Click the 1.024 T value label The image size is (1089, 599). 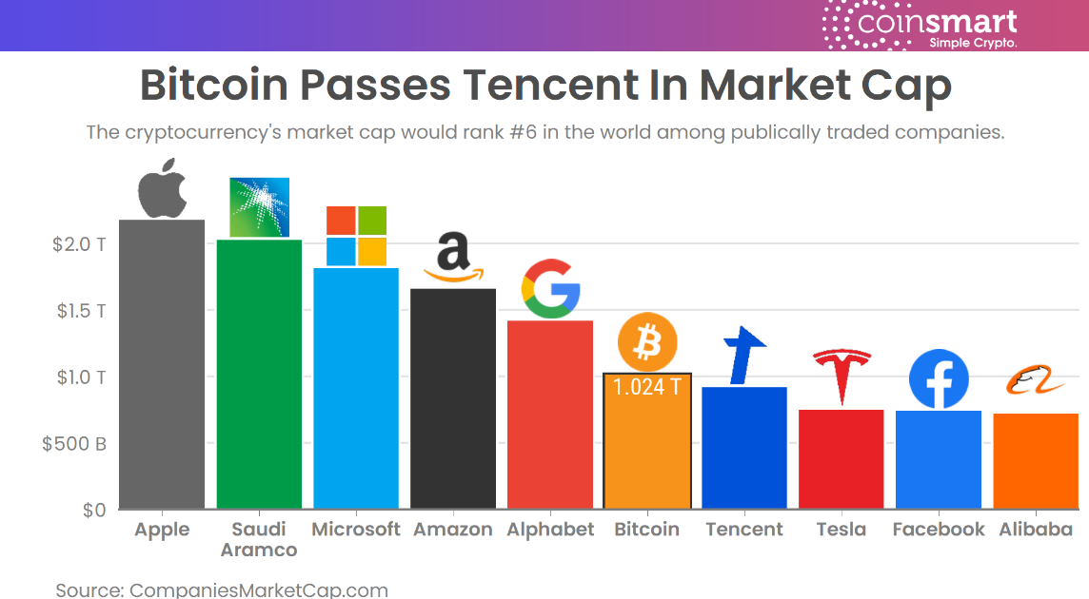(647, 387)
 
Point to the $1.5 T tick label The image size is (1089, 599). (79, 311)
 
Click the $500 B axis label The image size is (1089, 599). (74, 444)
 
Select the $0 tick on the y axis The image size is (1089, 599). (93, 511)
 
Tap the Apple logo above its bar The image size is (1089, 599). (162, 187)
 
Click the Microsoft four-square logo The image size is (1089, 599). (356, 236)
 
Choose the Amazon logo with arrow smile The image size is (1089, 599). (453, 259)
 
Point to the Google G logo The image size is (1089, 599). (550, 288)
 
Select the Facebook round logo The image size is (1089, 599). (939, 379)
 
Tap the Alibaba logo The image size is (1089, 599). (1035, 383)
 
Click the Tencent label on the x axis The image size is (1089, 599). (744, 530)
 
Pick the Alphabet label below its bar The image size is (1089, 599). (550, 530)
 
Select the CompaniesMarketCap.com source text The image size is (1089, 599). (258, 590)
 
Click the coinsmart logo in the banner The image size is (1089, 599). (921, 26)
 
